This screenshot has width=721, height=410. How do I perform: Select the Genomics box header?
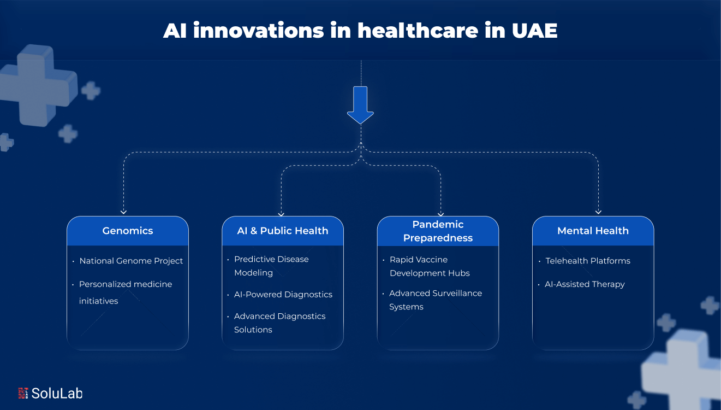click(128, 231)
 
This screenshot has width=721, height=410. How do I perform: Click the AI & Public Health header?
click(283, 231)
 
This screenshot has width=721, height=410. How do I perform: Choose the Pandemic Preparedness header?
click(438, 231)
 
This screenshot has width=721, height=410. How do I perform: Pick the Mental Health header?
click(593, 231)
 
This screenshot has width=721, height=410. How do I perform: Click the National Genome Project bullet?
click(131, 261)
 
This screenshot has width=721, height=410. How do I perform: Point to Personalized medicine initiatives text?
click(125, 292)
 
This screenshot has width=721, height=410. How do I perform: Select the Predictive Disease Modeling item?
click(271, 266)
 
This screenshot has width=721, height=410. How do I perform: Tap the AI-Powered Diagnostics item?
click(283, 294)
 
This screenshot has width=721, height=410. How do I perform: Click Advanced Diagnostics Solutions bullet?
click(279, 323)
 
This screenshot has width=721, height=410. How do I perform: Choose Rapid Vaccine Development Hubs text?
click(430, 266)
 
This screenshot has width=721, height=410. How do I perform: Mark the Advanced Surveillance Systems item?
click(435, 300)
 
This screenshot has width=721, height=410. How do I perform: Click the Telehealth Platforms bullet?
click(588, 261)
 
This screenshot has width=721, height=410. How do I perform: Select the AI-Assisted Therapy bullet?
click(585, 284)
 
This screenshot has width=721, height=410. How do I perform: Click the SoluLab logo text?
click(57, 393)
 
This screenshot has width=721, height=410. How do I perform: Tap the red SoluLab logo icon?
click(23, 393)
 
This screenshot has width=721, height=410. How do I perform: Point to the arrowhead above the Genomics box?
click(124, 212)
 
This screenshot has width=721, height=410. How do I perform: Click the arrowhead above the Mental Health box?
click(598, 212)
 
